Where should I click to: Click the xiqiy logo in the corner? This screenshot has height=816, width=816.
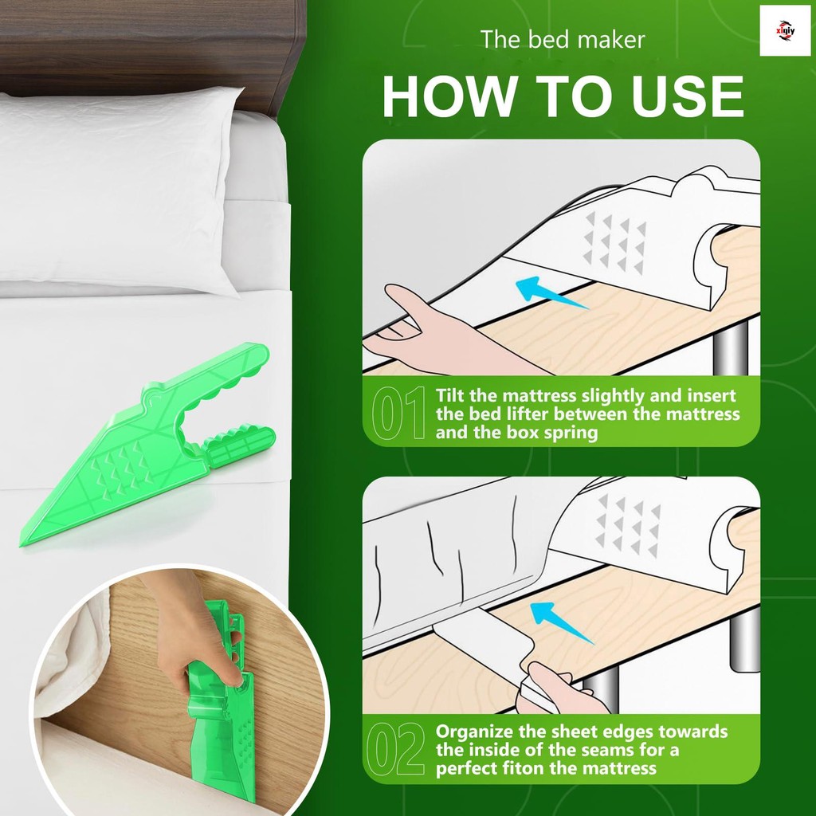[785, 31]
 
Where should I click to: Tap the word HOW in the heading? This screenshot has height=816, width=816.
[449, 96]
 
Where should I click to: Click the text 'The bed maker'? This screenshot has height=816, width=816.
[562, 40]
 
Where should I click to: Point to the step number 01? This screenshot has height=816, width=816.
[398, 413]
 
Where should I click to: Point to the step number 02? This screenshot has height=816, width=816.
[395, 749]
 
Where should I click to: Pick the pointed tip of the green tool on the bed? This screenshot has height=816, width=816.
[21, 545]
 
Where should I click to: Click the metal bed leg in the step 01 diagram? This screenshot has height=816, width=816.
[732, 346]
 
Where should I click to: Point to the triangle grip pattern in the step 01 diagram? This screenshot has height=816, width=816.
[615, 242]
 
